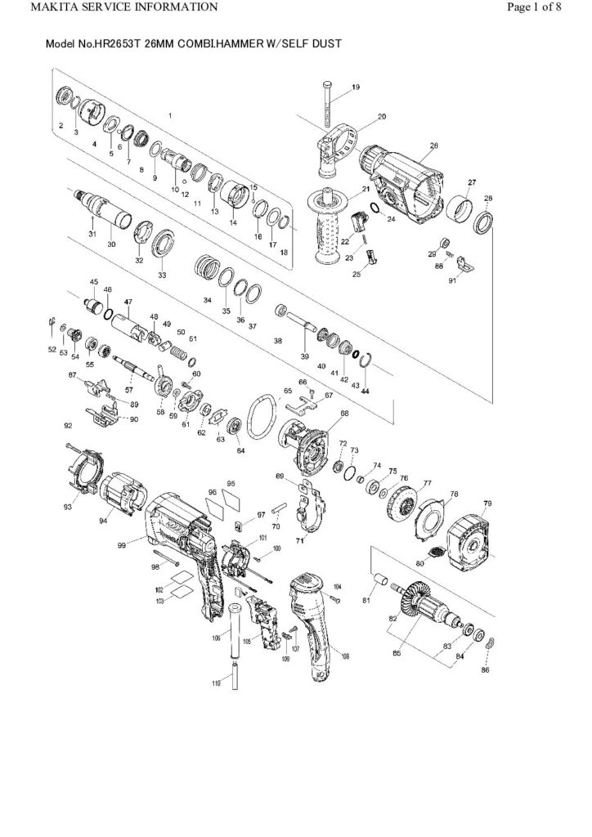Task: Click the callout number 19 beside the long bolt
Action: tap(356, 86)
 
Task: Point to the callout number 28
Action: tap(488, 199)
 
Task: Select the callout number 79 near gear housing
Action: tap(487, 502)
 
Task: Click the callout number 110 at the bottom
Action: tap(217, 683)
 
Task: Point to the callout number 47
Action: tap(128, 302)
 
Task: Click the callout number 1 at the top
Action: tap(170, 115)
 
